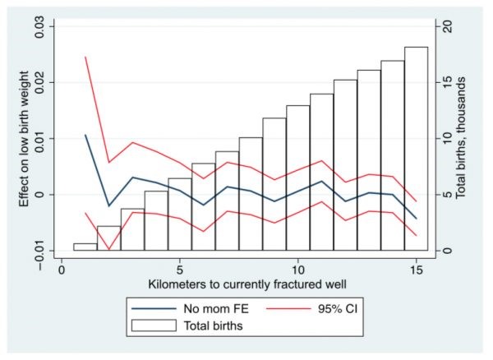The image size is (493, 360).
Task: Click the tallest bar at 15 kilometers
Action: point(416,149)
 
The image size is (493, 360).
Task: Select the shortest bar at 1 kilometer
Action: point(85,247)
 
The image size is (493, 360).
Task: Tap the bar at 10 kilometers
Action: point(297,178)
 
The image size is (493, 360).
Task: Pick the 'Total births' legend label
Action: point(219,325)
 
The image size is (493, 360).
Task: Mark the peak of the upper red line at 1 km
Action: point(85,57)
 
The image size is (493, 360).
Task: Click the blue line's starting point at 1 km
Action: point(85,135)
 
